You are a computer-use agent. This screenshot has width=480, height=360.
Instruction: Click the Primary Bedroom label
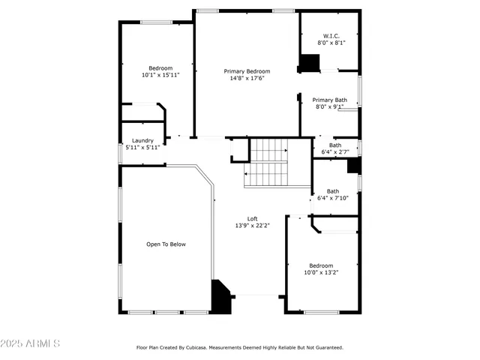click(247, 71)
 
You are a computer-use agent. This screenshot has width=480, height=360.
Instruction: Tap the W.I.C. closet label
click(331, 36)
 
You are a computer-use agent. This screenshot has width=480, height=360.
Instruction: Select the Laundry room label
click(142, 140)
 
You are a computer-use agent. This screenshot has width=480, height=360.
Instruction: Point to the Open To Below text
click(166, 244)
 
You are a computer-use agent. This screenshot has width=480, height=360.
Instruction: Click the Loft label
click(253, 218)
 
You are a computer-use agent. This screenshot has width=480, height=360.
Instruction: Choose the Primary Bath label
click(329, 100)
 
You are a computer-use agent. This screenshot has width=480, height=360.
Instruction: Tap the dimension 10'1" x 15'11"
click(160, 75)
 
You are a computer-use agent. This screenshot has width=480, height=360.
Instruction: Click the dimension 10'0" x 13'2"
click(321, 272)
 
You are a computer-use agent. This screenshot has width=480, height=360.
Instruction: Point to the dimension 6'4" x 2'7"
click(334, 152)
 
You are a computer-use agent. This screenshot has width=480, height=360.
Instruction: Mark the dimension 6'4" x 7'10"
click(332, 198)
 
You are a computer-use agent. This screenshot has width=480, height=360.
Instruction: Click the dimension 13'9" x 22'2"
click(253, 225)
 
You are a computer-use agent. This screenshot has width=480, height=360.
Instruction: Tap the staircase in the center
click(268, 163)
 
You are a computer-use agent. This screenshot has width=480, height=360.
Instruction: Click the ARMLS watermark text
click(31, 343)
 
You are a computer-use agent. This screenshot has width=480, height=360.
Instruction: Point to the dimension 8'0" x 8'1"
click(331, 43)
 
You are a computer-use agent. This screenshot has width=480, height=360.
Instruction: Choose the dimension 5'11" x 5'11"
click(142, 147)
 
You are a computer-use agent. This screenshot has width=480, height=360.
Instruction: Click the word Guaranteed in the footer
click(325, 348)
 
